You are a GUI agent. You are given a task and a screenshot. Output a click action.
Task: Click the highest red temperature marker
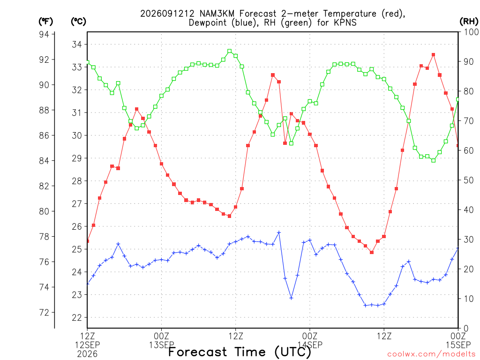434,55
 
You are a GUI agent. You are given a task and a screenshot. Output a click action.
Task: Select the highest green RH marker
230,51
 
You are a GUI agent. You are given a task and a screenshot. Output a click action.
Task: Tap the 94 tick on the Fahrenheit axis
44,34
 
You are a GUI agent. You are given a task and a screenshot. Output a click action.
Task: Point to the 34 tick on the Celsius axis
77,45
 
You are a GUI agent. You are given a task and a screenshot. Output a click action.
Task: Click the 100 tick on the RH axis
471,32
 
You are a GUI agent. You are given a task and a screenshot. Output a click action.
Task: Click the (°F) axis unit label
45,22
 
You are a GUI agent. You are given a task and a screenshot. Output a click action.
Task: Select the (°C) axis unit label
78,22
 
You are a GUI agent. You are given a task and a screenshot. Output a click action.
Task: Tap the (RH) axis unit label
469,22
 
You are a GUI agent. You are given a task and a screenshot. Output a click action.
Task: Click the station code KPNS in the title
345,22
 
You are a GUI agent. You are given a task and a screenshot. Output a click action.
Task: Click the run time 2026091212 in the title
167,14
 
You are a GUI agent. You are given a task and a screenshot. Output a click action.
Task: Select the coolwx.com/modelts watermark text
433,354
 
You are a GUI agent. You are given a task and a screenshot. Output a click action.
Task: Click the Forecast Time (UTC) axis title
240,352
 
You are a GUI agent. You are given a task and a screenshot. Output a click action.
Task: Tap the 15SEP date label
458,345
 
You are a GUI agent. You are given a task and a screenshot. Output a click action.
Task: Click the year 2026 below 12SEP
87,354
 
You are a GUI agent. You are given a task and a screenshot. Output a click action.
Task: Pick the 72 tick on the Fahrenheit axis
44,313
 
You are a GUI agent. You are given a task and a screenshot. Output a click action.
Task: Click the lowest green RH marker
434,160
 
